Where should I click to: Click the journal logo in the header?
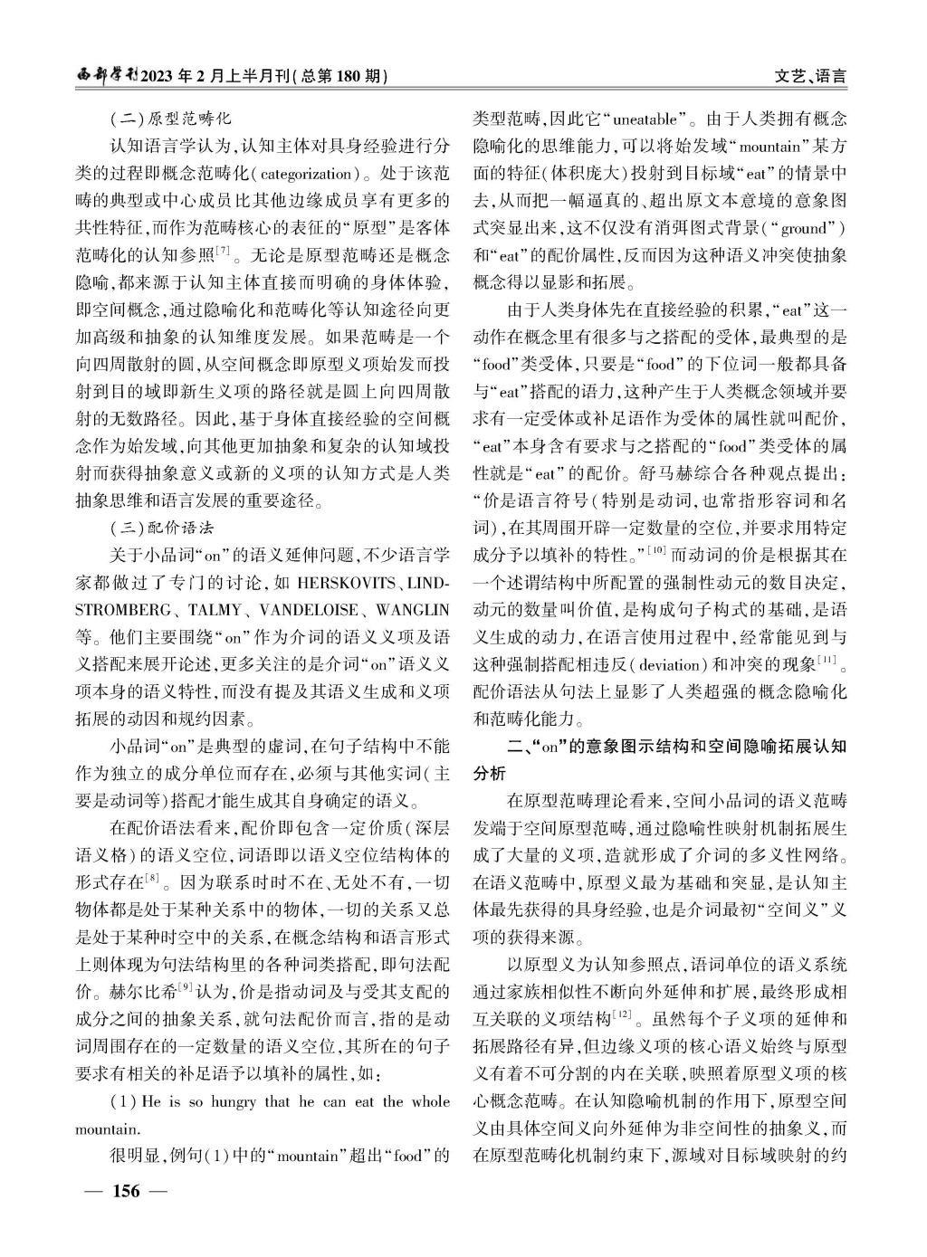[x=107, y=76]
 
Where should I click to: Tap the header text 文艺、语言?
[x=811, y=77]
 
